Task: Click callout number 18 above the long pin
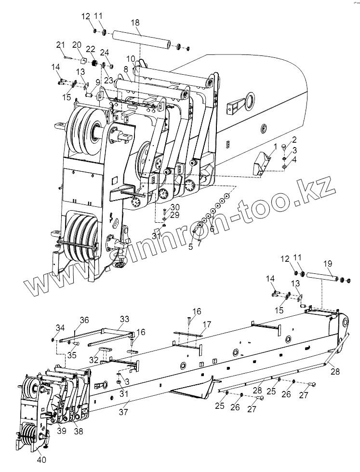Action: pos(135,23)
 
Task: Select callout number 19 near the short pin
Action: pos(327,264)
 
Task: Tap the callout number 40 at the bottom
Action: pos(42,459)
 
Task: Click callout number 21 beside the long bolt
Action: pos(60,45)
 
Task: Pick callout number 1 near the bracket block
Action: pos(275,146)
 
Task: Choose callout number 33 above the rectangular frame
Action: pos(125,319)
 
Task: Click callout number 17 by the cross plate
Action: pos(207,324)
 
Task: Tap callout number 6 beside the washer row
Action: pos(212,229)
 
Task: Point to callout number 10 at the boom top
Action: pos(131,58)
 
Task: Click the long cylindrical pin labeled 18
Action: pos(140,39)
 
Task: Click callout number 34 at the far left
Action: pos(60,328)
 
